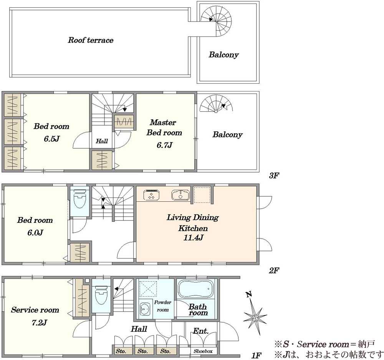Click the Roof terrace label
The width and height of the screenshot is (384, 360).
tap(91, 40)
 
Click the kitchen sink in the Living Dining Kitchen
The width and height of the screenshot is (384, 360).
tap(180, 195)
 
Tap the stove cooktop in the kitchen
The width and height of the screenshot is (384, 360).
tap(151, 195)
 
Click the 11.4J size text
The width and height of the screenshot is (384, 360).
tap(193, 237)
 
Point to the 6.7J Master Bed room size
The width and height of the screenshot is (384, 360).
tap(164, 145)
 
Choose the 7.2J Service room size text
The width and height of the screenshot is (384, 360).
tap(39, 322)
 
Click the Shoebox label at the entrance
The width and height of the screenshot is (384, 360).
tap(203, 351)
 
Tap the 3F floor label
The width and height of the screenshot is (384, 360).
tap(274, 176)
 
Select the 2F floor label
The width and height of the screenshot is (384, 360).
tap(274, 270)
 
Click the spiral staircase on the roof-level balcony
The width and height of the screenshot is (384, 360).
tap(216, 21)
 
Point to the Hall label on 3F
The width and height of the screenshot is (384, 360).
tap(102, 141)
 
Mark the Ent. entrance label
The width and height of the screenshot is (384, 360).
tap(200, 331)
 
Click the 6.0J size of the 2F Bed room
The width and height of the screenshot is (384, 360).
tap(35, 232)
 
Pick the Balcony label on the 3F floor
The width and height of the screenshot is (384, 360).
tap(227, 134)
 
